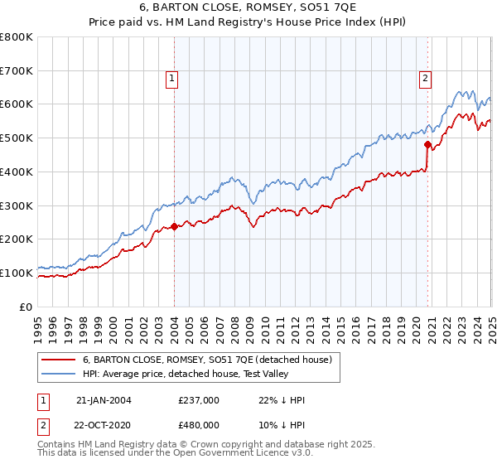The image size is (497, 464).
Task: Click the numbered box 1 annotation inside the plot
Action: [171, 79]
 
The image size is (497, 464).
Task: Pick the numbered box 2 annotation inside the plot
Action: [425, 79]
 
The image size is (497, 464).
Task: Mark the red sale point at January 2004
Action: [175, 226]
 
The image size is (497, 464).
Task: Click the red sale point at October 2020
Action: [428, 144]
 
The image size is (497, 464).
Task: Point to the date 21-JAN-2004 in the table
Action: [104, 399]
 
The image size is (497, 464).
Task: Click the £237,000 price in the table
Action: [198, 399]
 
